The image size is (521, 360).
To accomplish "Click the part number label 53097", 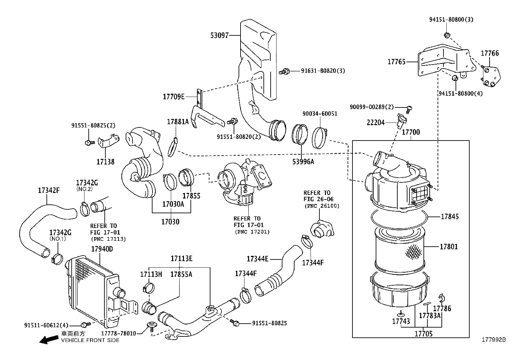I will click(220, 35).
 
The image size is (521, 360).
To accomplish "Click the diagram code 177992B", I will click(493, 340).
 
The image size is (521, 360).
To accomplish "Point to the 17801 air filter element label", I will click(449, 247).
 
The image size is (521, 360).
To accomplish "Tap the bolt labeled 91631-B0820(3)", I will click(285, 71).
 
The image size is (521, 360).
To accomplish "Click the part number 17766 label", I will click(490, 53).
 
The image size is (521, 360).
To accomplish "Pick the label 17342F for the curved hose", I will click(48, 190).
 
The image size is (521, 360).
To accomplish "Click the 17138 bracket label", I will click(105, 161).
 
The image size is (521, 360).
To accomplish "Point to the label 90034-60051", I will click(320, 114).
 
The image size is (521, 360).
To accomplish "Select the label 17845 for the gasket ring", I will click(450, 217).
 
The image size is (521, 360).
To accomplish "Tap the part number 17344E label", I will click(258, 259).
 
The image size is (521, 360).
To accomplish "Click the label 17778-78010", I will click(118, 333).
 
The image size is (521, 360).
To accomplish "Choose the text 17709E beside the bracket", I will click(174, 97).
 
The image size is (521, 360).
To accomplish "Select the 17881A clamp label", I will click(178, 122).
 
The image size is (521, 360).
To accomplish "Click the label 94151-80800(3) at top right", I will click(451, 19).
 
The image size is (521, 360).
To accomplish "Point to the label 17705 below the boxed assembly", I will click(423, 334).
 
